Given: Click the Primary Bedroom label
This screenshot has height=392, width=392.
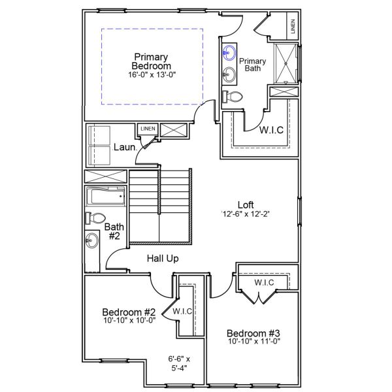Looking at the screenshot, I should pyautogui.click(x=151, y=61).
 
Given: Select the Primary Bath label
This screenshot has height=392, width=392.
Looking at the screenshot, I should pyautogui.click(x=253, y=63).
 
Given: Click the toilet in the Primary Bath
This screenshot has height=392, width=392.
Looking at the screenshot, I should pyautogui.click(x=233, y=96).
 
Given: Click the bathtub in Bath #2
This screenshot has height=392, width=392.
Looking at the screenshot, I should pyautogui.click(x=105, y=197).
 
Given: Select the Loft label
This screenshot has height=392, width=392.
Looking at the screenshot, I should pyautogui.click(x=245, y=203).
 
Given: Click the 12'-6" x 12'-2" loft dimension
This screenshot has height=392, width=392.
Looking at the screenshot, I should pyautogui.click(x=245, y=214).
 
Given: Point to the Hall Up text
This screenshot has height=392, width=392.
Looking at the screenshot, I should pyautogui.click(x=162, y=259).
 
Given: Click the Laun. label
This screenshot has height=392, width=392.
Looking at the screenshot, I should pyautogui.click(x=123, y=148).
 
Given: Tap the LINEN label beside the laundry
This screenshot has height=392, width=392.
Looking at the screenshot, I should pyautogui.click(x=148, y=129).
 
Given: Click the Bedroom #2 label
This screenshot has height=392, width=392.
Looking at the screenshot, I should pyautogui.click(x=129, y=311).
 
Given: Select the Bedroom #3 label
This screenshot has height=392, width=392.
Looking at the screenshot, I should pyautogui.click(x=254, y=333).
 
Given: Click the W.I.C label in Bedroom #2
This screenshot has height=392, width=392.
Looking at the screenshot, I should pyautogui.click(x=182, y=312).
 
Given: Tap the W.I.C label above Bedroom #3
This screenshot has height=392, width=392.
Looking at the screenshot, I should pyautogui.click(x=263, y=282).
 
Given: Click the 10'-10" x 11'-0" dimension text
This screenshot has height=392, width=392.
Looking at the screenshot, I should pyautogui.click(x=254, y=342).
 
